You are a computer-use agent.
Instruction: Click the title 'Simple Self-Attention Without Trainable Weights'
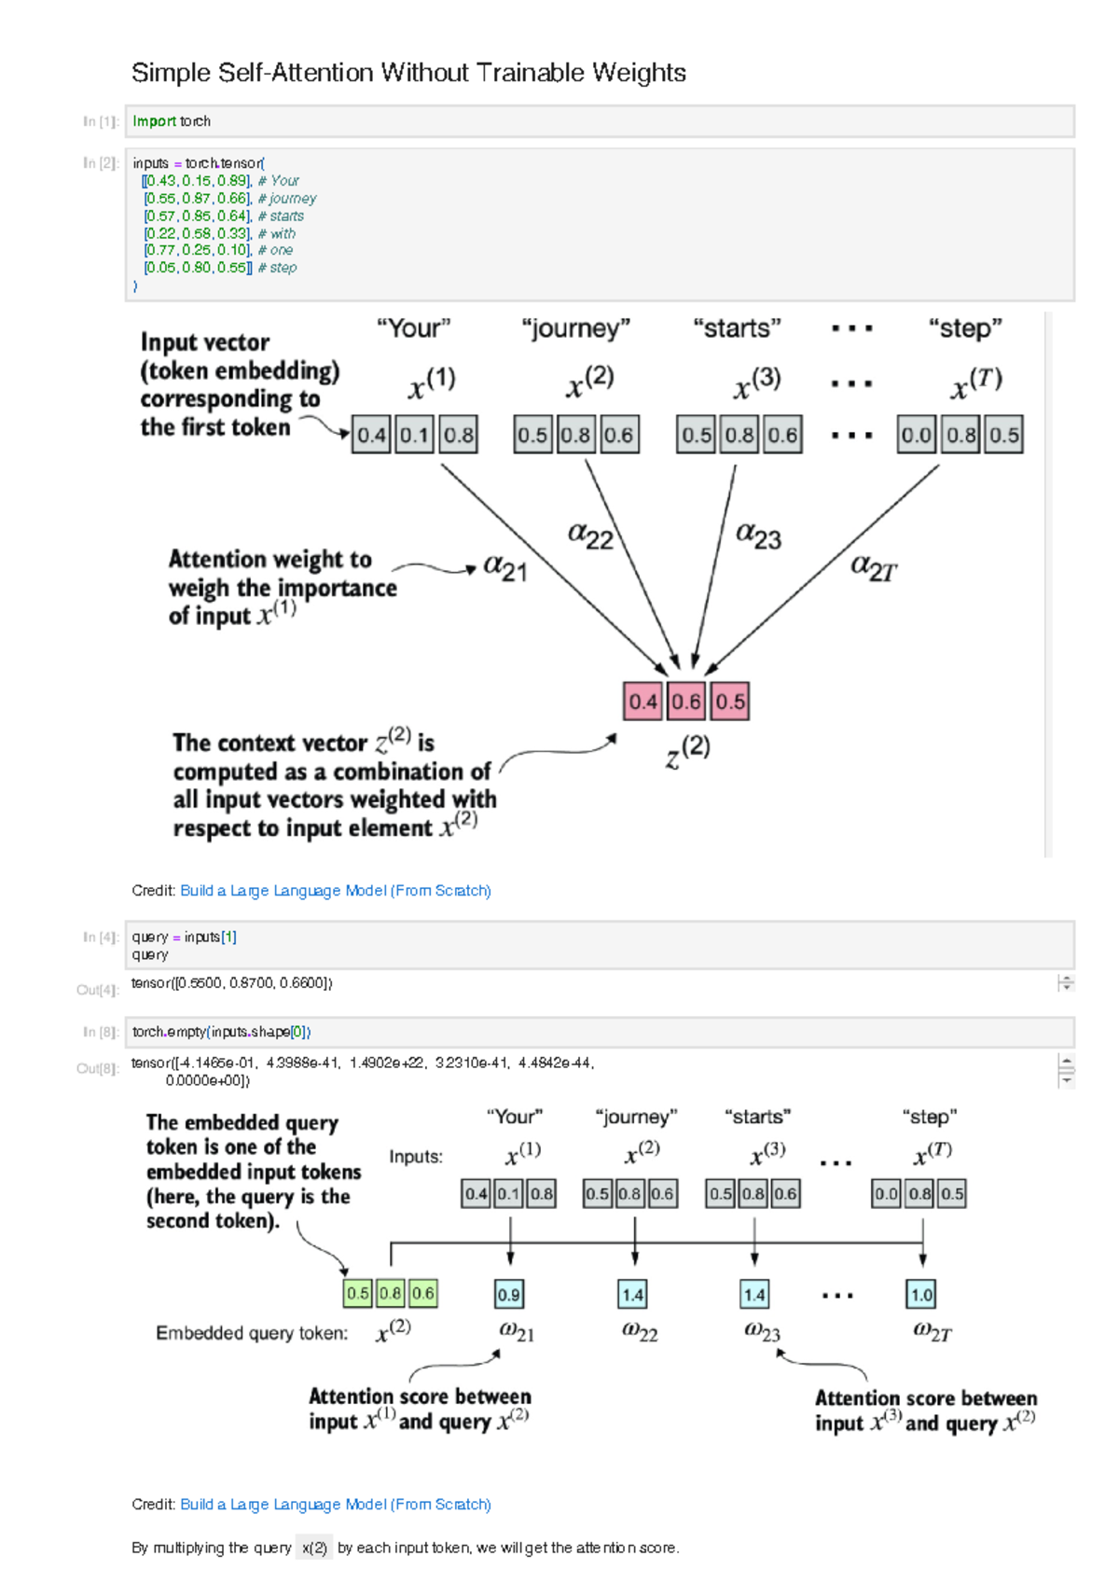(x=408, y=73)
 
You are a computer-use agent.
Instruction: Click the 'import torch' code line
(x=172, y=121)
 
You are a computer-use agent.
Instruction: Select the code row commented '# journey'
(x=229, y=198)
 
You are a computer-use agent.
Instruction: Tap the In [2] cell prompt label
(x=101, y=163)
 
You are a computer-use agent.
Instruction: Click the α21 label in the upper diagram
(x=505, y=568)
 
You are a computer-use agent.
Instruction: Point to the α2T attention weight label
(x=873, y=568)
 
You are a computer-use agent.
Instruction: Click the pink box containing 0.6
(x=686, y=702)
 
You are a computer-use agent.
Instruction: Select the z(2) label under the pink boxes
(x=688, y=751)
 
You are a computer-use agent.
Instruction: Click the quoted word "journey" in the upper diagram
(x=575, y=328)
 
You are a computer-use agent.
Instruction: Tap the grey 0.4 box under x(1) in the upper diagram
(x=371, y=435)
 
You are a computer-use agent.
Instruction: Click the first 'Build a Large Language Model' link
(x=335, y=891)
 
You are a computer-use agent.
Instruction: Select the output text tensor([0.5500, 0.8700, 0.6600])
(x=232, y=983)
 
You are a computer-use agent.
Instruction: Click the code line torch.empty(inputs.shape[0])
(x=221, y=1032)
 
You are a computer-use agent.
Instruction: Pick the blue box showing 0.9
(x=509, y=1295)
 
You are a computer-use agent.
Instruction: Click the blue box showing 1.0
(x=921, y=1295)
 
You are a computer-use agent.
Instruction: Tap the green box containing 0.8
(x=391, y=1294)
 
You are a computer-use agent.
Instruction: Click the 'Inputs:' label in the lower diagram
(x=416, y=1157)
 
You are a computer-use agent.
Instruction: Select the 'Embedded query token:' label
(x=252, y=1333)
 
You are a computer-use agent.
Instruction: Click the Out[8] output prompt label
(x=98, y=1069)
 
